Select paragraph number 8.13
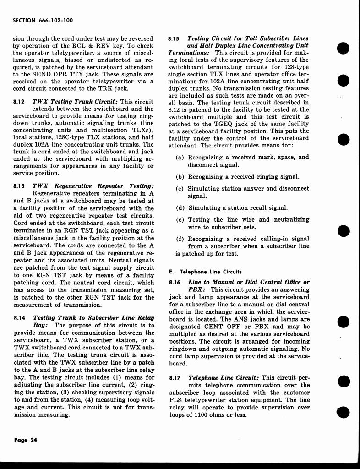(x=19, y=186)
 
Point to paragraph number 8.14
(x=19, y=317)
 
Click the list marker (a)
(x=180, y=157)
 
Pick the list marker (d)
(x=180, y=208)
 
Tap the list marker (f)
(x=180, y=239)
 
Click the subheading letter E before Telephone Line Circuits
(x=171, y=272)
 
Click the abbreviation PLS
(x=176, y=400)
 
